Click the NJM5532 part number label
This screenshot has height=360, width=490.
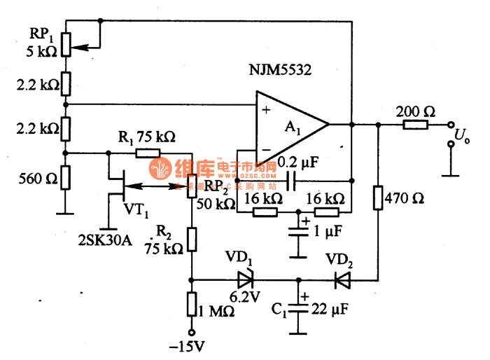pos(280,71)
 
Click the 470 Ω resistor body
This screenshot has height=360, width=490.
pos(379,198)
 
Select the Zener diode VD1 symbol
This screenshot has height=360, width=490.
pos(245,280)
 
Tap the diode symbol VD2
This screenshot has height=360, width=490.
pos(342,280)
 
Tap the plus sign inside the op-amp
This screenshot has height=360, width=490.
pos(267,110)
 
